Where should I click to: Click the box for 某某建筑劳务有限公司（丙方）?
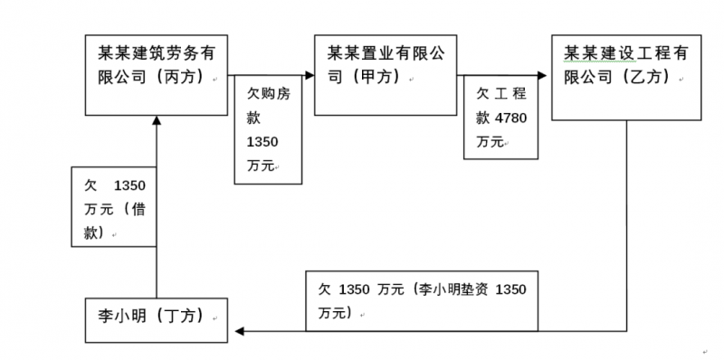coord(155,75)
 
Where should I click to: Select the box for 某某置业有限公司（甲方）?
coord(386,75)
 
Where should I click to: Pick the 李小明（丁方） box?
coord(155,319)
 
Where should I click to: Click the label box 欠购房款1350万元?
coord(268,130)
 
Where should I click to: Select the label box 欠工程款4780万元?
coord(501,118)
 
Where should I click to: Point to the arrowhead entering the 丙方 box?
coord(155,121)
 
